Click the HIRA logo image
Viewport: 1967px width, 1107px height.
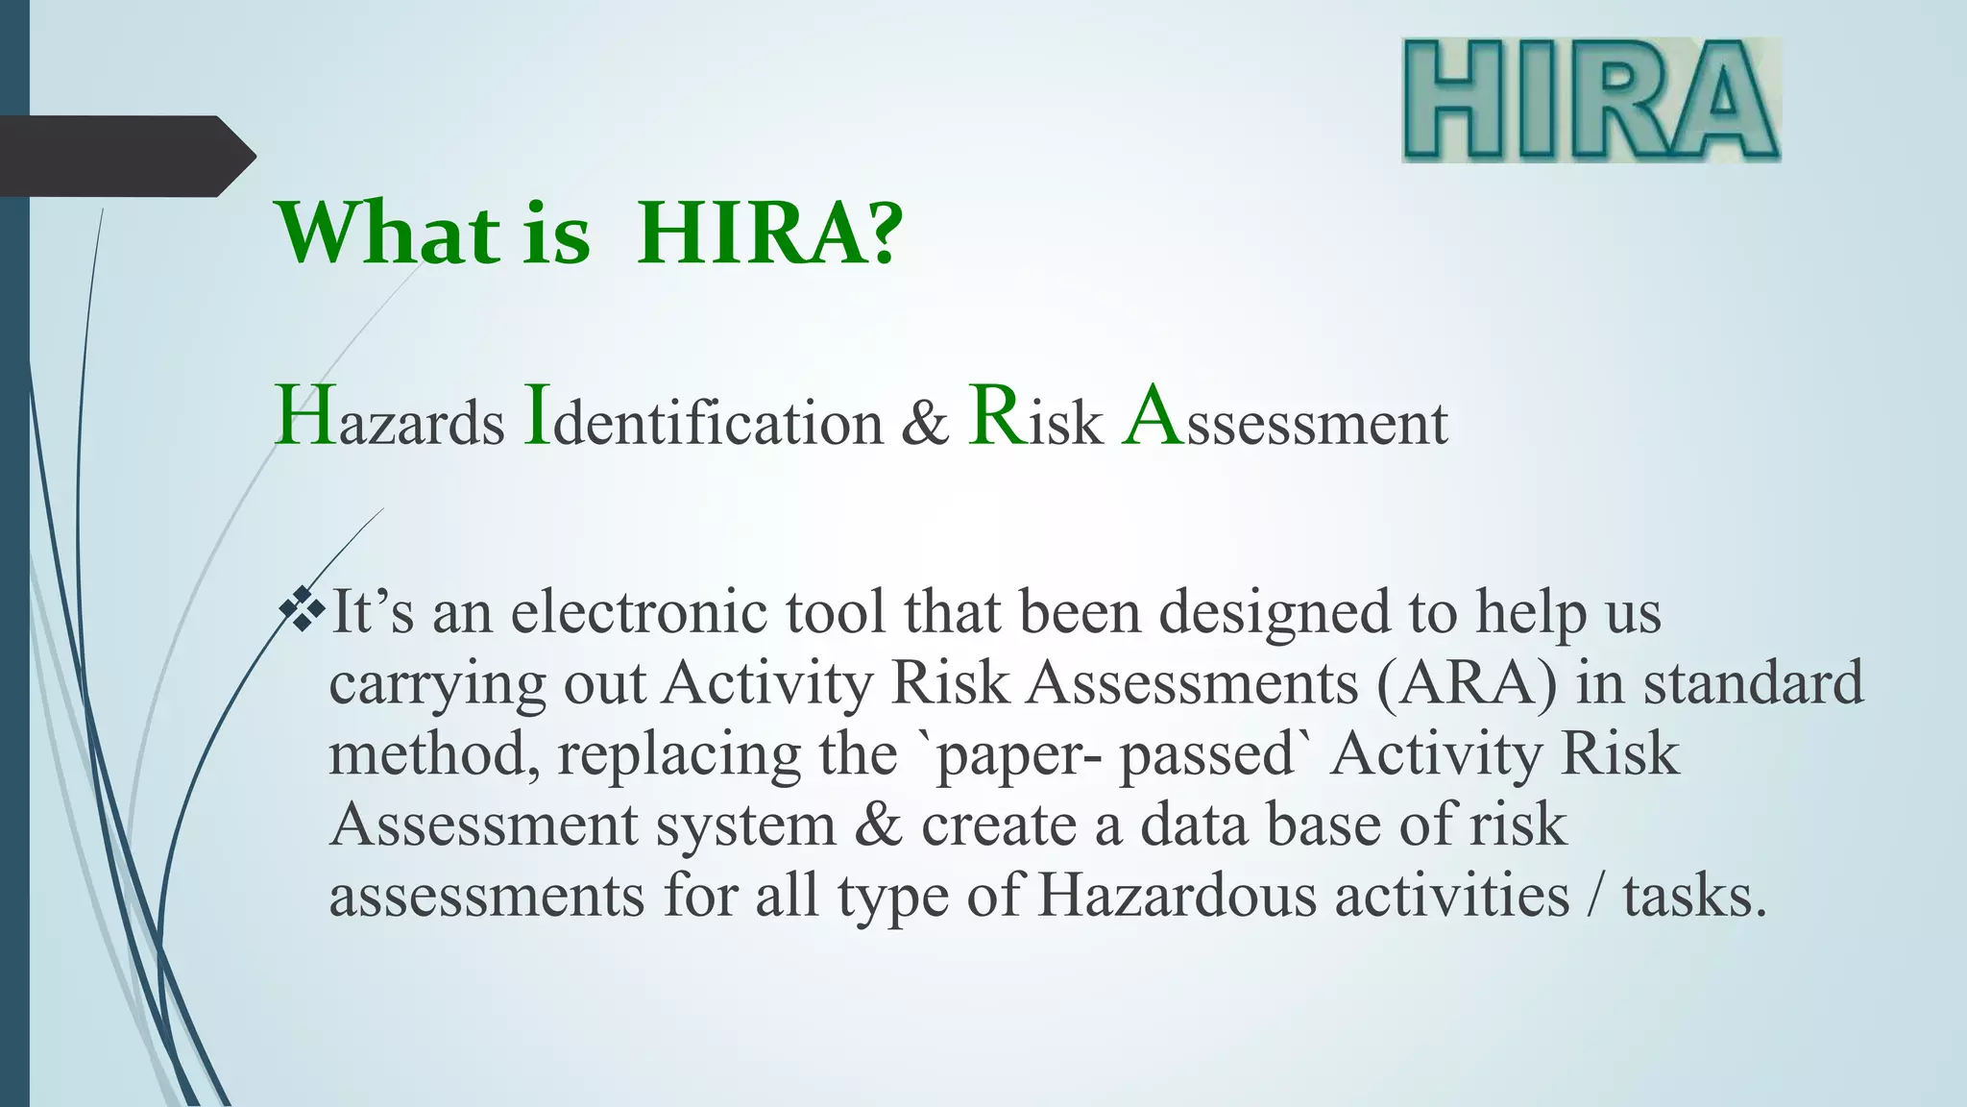tap(1591, 100)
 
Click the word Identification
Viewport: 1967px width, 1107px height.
tap(703, 421)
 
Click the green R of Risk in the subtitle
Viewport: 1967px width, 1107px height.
tap(997, 416)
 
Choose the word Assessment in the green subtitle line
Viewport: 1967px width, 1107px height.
tap(1285, 421)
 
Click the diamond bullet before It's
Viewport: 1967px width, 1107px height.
tap(304, 612)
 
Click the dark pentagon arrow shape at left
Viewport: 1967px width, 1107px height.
tap(120, 156)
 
